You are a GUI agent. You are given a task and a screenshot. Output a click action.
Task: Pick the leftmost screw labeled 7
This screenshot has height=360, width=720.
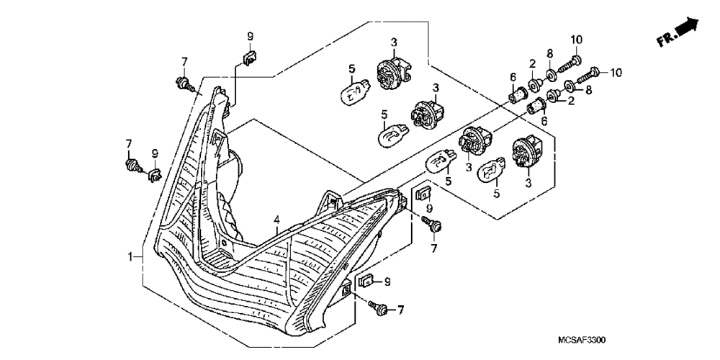[132, 167]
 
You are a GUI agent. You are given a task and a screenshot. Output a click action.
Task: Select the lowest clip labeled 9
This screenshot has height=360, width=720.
[365, 281]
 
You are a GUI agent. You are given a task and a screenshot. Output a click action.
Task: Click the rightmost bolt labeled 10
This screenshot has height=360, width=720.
[594, 72]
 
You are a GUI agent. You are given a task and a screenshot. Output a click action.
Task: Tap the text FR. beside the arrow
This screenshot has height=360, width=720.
[667, 40]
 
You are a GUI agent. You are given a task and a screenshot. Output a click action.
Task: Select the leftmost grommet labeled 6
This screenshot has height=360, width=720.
[517, 94]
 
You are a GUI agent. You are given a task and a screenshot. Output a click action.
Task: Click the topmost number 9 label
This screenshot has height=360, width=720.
[251, 36]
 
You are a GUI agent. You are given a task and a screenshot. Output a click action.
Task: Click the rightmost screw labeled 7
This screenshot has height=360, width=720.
[433, 226]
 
